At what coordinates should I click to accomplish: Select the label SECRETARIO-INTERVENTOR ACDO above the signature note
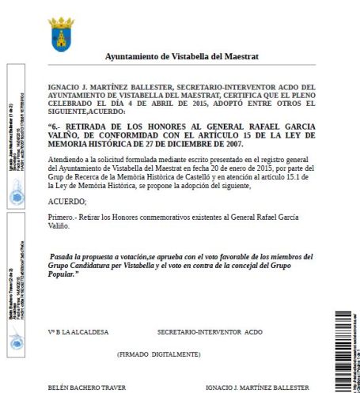pyautogui.click(x=210, y=331)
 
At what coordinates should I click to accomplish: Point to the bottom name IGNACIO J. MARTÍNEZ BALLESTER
pyautogui.click(x=257, y=387)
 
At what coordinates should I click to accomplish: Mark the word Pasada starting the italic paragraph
pyautogui.click(x=64, y=257)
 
